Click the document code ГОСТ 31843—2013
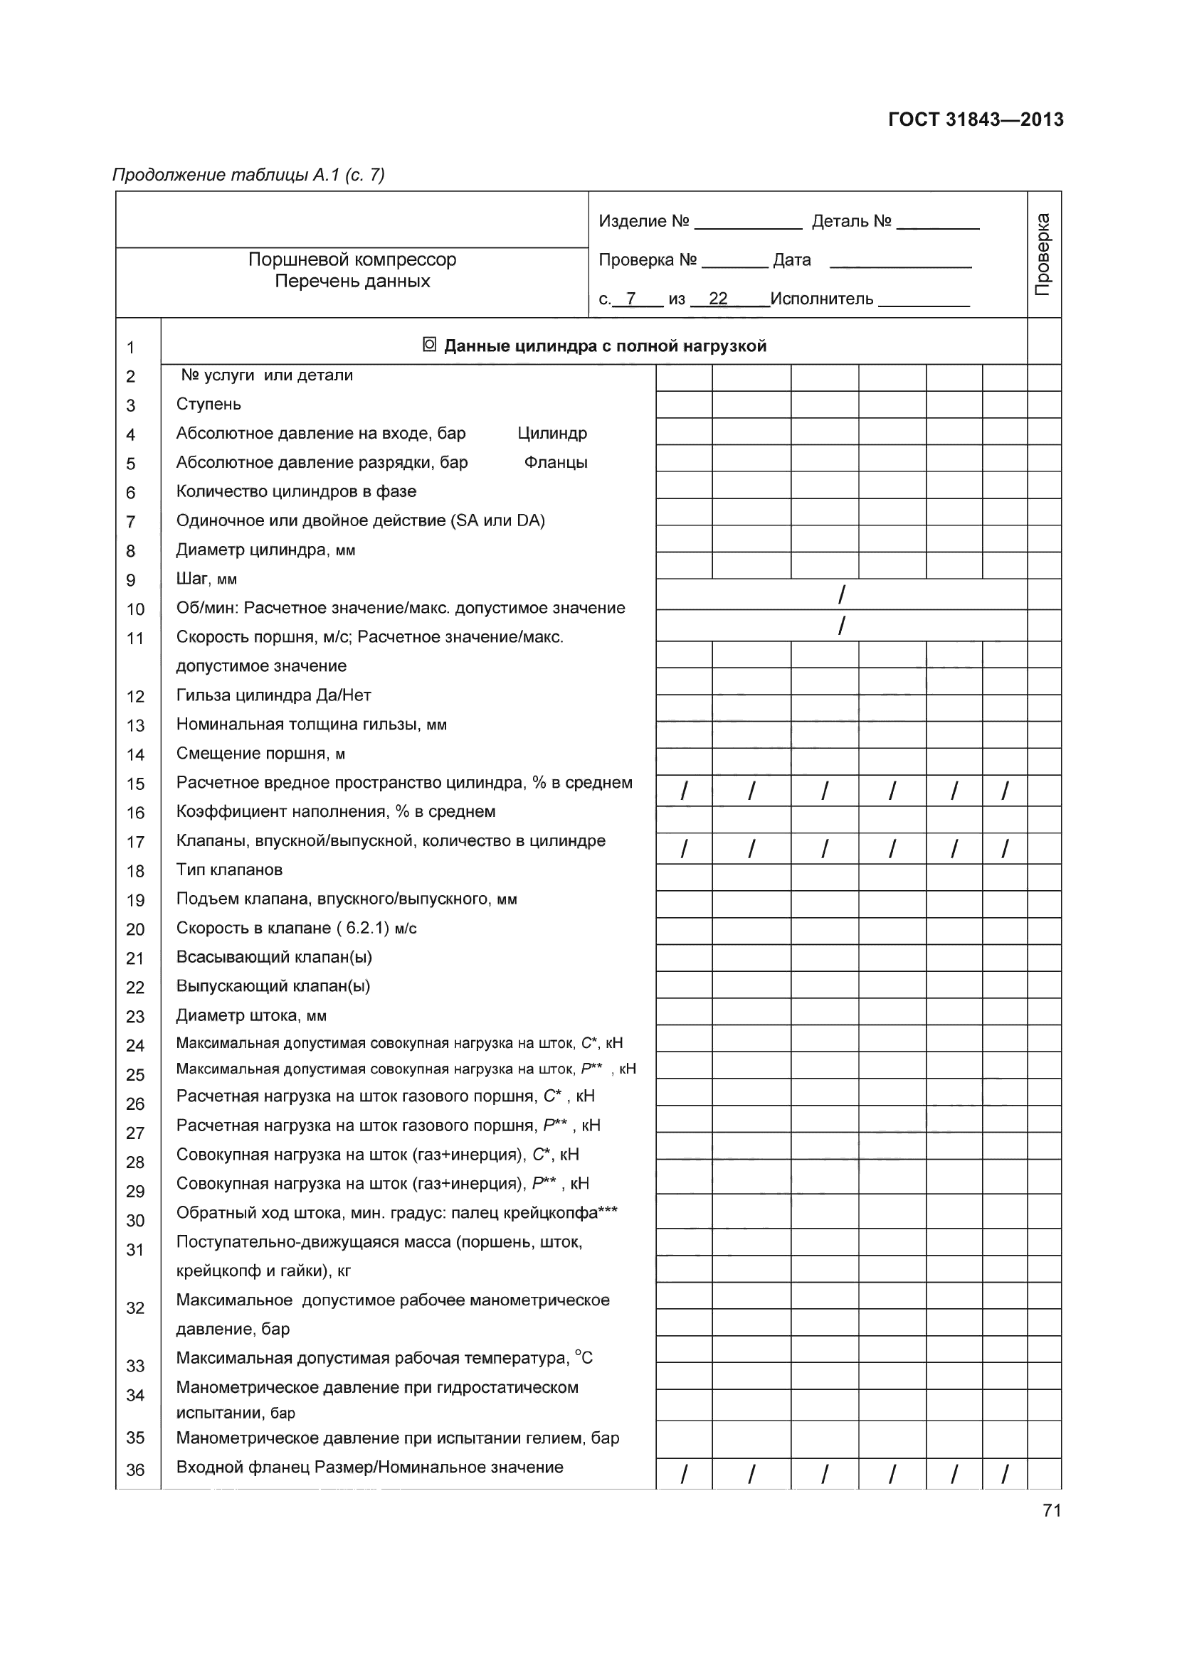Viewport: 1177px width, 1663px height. tap(976, 119)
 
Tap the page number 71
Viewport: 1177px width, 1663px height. tap(1052, 1510)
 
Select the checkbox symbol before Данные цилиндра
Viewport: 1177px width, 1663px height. tap(429, 345)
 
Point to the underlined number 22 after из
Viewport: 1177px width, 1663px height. tap(717, 299)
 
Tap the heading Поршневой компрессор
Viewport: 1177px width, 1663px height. tap(352, 260)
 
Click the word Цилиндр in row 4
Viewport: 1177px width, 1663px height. tap(552, 433)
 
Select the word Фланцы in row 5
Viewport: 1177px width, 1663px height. tap(555, 462)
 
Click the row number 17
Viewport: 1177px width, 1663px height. tap(135, 842)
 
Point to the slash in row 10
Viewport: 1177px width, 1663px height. tap(840, 594)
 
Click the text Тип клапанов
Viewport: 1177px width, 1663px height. tap(229, 870)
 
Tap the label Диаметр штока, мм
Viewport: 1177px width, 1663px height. tap(250, 1015)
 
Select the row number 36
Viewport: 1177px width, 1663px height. tap(135, 1470)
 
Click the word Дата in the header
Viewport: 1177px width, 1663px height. tap(791, 260)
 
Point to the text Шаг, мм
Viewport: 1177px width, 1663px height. tap(206, 579)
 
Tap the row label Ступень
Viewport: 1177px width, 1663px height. tap(209, 404)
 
